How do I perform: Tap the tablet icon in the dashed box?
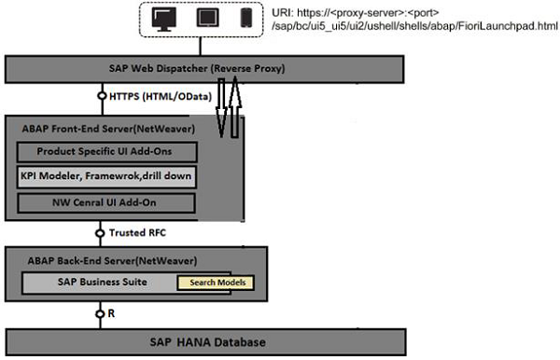[x=205, y=19]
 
